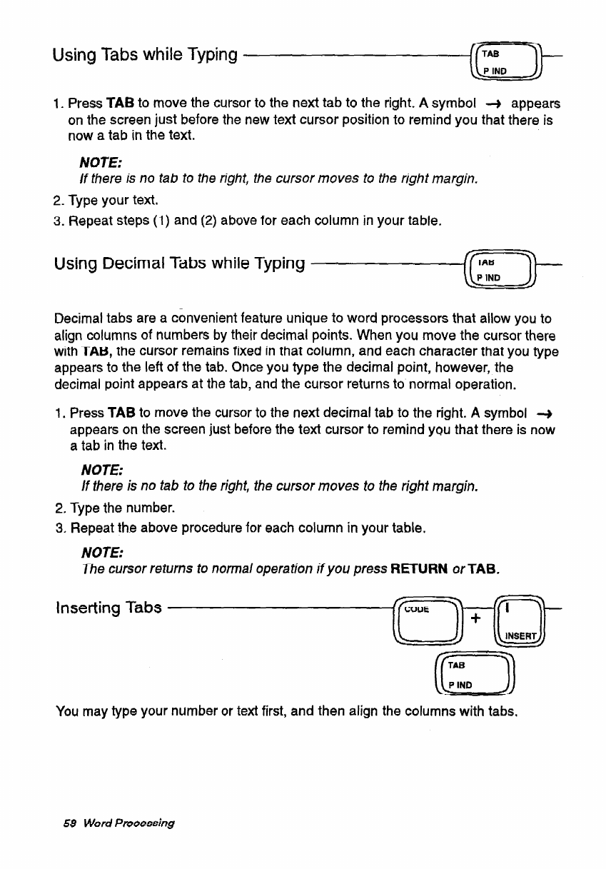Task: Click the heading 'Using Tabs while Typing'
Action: pos(145,54)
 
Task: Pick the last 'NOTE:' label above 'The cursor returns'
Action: pos(103,553)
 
